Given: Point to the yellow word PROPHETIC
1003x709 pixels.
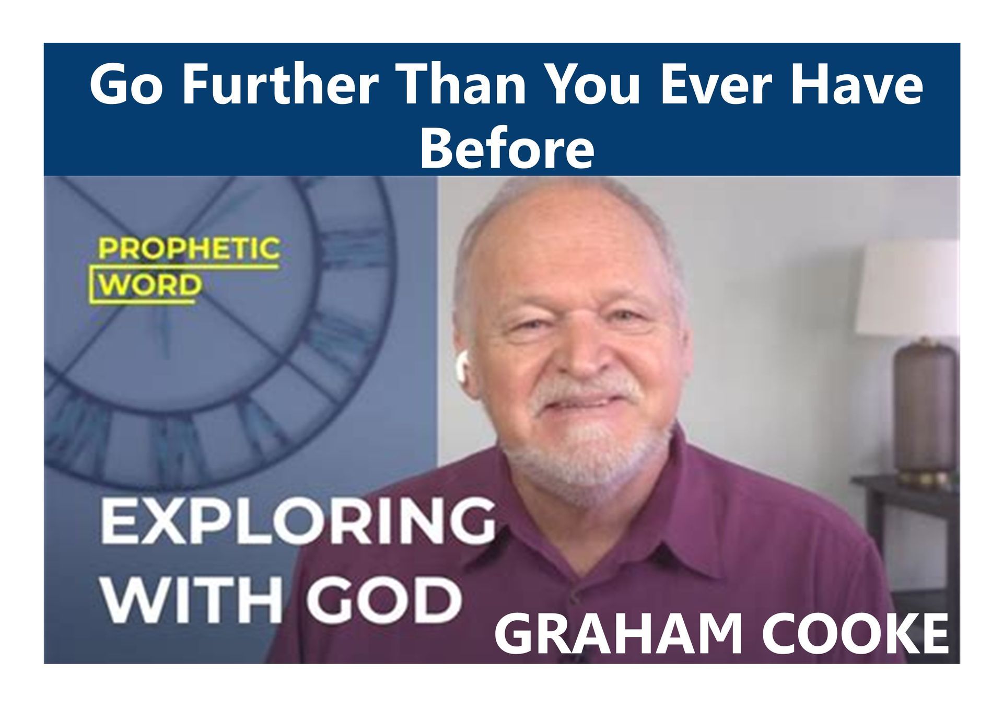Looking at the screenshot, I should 189,249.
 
